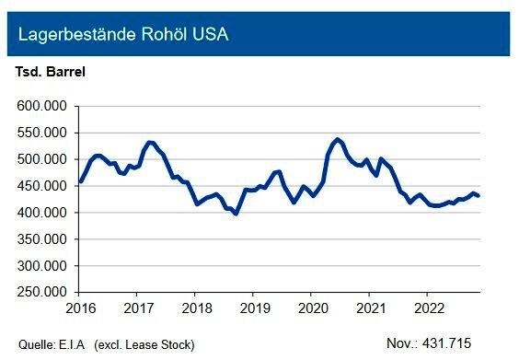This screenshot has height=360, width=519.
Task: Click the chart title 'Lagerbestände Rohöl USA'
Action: (x=123, y=36)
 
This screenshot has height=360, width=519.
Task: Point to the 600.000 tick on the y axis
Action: (x=42, y=106)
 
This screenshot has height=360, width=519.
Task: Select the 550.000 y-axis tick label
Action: (x=42, y=133)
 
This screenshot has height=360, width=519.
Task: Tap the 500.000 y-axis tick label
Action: (x=42, y=159)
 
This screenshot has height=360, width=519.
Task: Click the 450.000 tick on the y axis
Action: (x=42, y=186)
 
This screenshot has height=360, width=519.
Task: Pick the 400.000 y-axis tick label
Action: (x=42, y=213)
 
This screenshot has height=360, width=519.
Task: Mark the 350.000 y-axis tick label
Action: (x=42, y=239)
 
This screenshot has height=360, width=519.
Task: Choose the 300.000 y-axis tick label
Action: (x=42, y=266)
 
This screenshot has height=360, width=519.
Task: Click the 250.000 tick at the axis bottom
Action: (x=42, y=292)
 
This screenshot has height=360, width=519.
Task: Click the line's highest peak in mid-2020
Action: (x=337, y=139)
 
